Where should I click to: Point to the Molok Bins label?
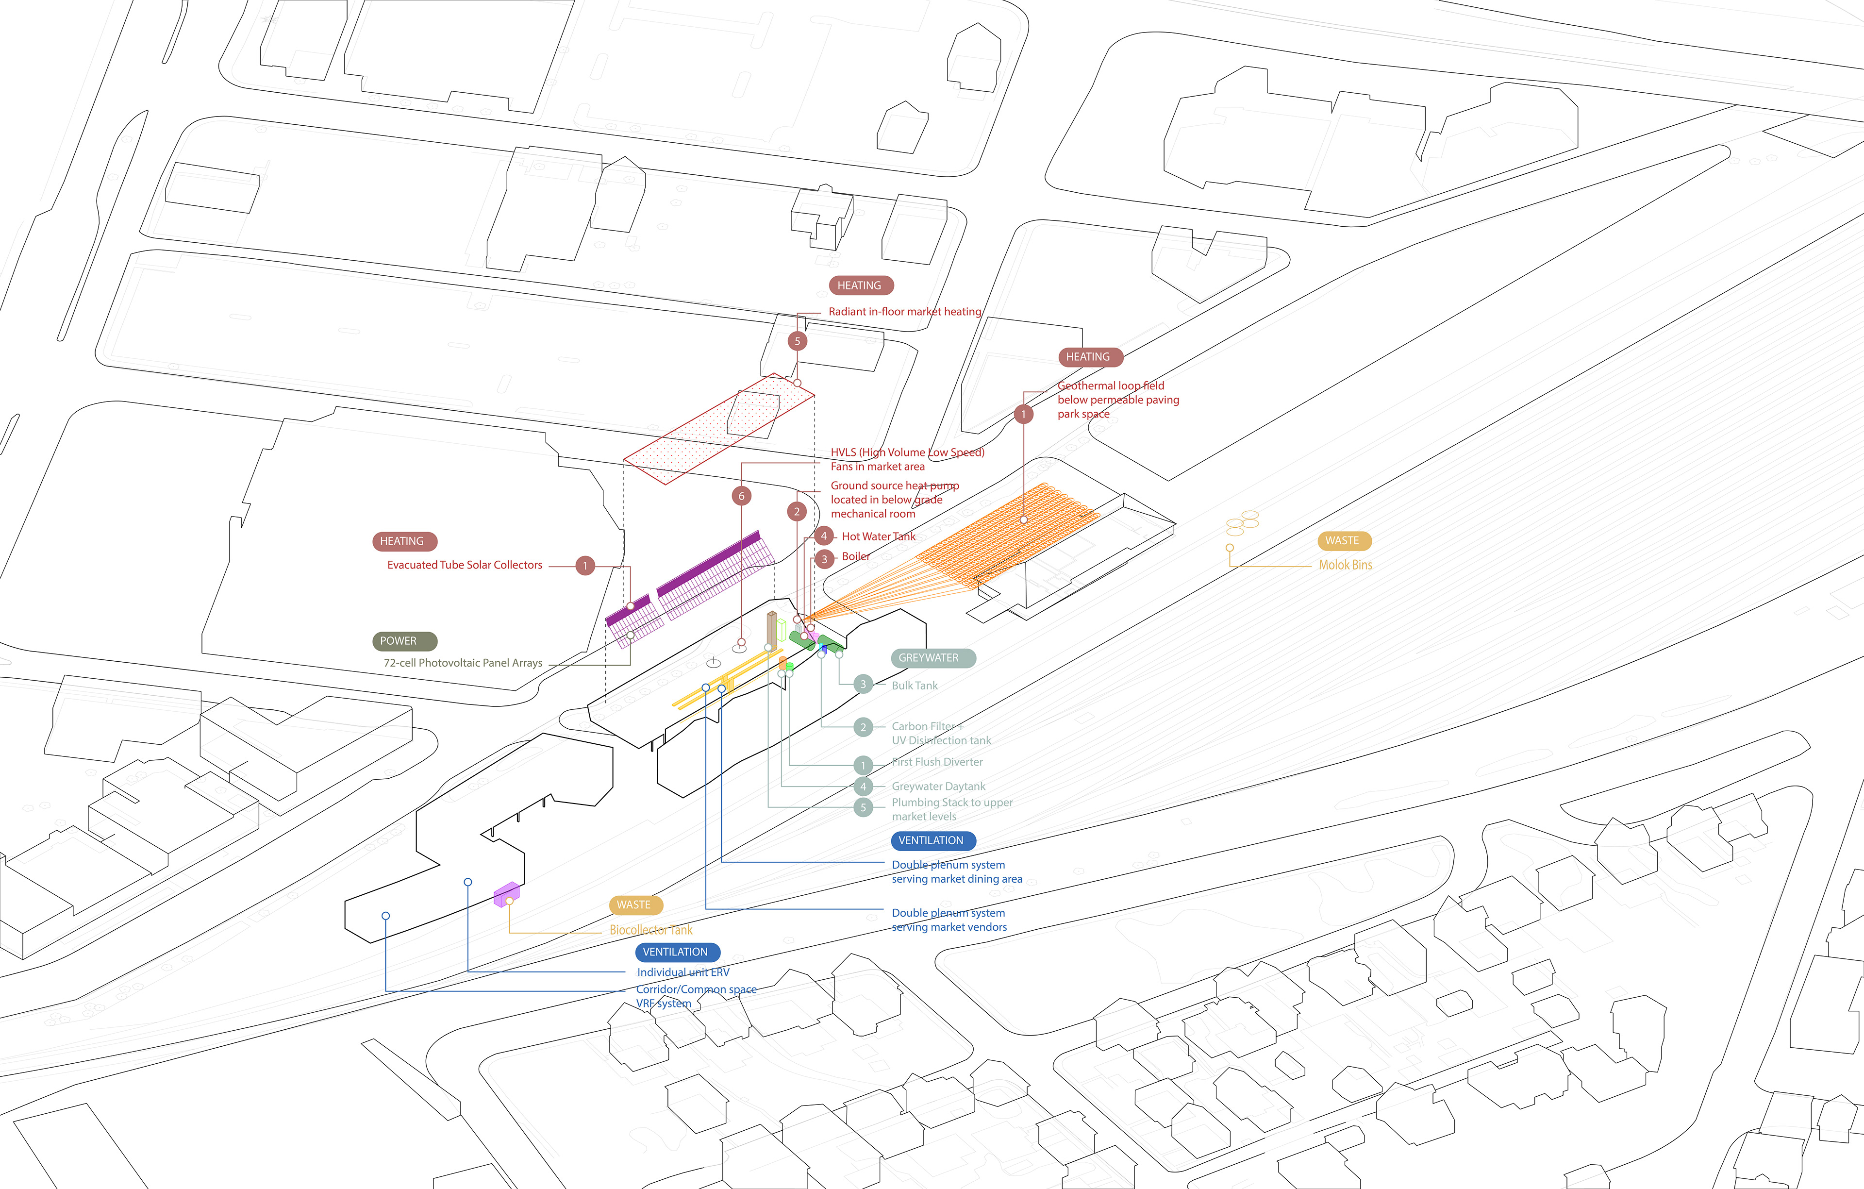click(x=1346, y=565)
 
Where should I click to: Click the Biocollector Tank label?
click(x=650, y=930)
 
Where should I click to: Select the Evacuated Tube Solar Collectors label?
click(x=465, y=565)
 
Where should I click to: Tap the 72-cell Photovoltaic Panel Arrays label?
click(x=463, y=663)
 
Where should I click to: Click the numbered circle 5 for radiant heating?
click(x=798, y=341)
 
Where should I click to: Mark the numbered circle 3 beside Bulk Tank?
click(x=863, y=684)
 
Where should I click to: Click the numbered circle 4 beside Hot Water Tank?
click(x=824, y=536)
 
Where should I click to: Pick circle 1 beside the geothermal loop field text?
click(x=1023, y=414)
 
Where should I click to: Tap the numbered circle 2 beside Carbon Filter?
click(x=863, y=727)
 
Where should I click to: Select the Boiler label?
click(x=855, y=556)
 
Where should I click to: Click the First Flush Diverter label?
click(x=937, y=762)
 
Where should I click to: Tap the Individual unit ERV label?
click(x=683, y=972)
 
